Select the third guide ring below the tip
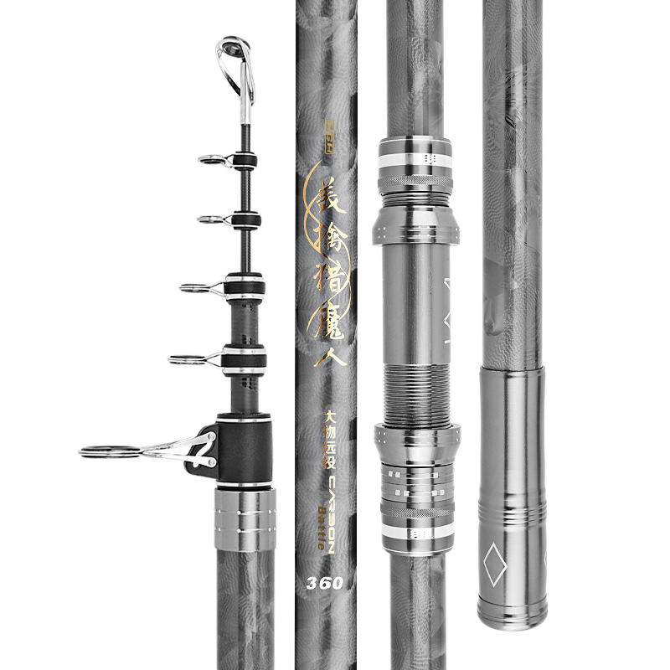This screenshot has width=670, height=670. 212,219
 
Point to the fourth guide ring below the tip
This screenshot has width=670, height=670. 195,288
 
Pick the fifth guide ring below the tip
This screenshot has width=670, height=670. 185,360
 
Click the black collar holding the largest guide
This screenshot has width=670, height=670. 245,449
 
